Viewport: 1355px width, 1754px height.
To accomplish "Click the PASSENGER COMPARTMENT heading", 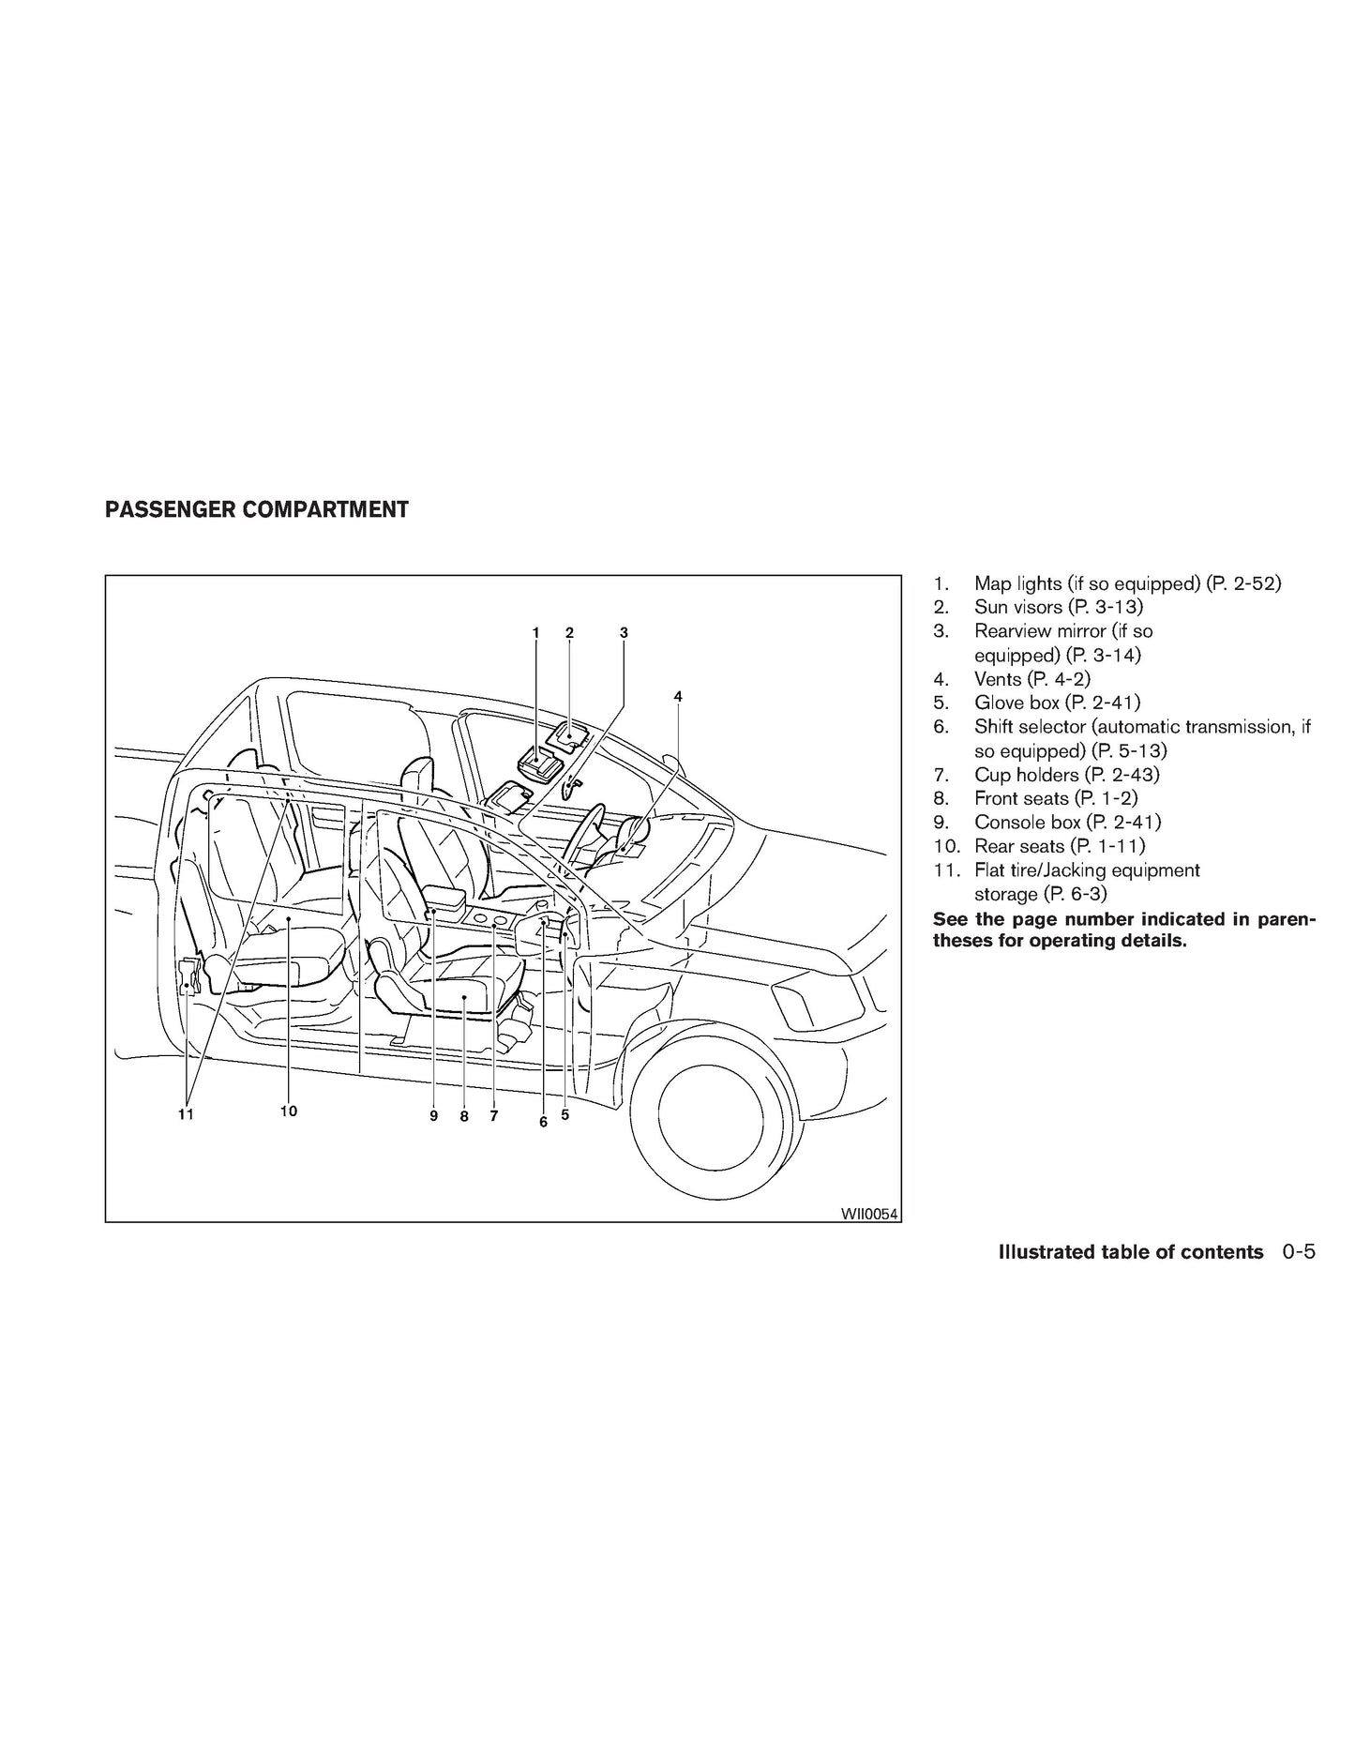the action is [x=257, y=509].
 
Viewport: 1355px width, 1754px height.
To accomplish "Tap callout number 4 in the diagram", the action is [x=678, y=696].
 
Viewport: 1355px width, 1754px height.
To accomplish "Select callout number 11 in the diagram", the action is [x=186, y=1113].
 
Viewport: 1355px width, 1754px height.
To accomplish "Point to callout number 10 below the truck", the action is [x=288, y=1111].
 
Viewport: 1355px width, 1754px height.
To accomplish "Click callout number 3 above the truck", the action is [x=624, y=633].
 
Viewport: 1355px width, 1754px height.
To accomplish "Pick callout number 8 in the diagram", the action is [x=463, y=1116].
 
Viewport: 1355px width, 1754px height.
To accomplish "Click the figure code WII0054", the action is [x=869, y=1214].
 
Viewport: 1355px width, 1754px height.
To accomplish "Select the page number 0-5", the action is [x=1298, y=1251].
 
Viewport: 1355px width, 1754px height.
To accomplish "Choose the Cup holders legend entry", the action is [x=1046, y=775].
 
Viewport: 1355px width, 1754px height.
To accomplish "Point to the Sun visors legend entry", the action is [x=1038, y=607].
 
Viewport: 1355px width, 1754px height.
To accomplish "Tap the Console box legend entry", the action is [x=1046, y=822].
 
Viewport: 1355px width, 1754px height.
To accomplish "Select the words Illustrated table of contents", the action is [x=1131, y=1251].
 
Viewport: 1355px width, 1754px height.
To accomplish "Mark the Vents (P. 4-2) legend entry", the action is [x=1012, y=678].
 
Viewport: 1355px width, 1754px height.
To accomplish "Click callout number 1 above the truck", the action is [x=535, y=633].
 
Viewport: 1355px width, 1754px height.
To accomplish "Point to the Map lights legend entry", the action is [x=1107, y=583].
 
